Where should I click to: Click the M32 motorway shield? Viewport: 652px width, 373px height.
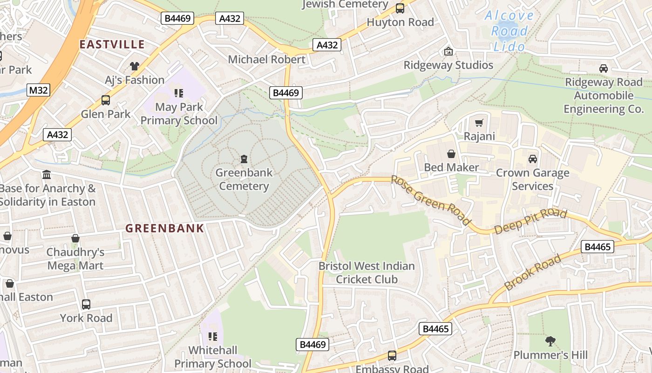click(38, 90)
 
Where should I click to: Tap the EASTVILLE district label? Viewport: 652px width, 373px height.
click(112, 44)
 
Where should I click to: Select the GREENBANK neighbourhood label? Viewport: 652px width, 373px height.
click(165, 228)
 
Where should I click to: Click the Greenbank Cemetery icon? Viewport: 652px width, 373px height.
click(244, 159)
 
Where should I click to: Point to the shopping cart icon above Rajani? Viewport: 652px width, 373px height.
click(479, 123)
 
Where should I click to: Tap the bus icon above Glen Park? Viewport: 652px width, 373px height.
click(106, 100)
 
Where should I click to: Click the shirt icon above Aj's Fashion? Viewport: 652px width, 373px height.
click(135, 66)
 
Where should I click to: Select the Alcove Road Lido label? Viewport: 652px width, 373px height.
click(509, 31)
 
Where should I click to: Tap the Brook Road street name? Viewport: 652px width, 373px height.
click(533, 272)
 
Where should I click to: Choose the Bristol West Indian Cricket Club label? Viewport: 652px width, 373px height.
click(367, 273)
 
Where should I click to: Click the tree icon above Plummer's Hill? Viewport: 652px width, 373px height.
click(550, 341)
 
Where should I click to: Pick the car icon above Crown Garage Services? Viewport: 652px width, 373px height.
click(533, 159)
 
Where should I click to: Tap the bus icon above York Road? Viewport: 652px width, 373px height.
click(86, 304)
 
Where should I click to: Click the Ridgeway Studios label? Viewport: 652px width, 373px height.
click(448, 65)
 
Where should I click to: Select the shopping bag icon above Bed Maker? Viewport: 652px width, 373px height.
click(451, 154)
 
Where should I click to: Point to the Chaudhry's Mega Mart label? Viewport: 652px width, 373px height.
click(75, 259)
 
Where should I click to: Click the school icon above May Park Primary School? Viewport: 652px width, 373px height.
click(179, 93)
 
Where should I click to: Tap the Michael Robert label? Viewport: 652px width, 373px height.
click(267, 59)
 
